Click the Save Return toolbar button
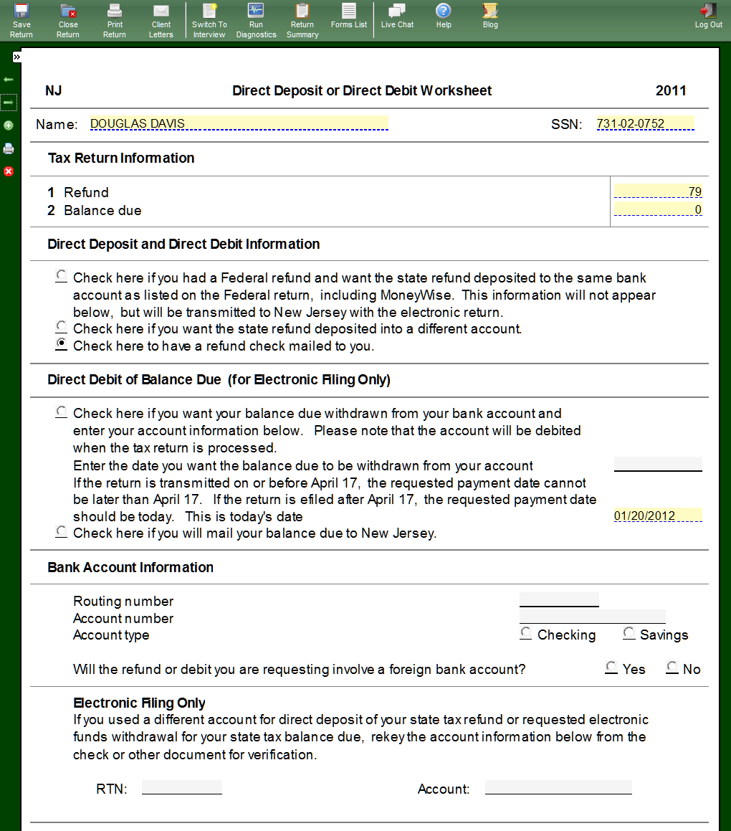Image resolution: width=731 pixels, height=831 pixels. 21,19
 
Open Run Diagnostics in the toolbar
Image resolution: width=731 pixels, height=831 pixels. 256,19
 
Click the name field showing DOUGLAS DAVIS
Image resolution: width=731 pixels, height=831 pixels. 239,123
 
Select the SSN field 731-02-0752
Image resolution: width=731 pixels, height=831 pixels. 645,123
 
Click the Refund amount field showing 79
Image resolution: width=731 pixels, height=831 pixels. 658,191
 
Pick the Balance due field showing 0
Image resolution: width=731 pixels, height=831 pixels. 658,210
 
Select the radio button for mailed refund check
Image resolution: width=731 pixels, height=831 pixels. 62,344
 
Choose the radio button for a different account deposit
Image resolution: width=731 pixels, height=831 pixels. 62,327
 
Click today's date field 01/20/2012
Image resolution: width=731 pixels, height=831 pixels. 658,516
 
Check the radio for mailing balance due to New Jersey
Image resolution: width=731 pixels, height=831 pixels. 62,532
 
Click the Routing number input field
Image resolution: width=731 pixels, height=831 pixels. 559,600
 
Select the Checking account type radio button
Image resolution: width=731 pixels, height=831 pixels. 526,633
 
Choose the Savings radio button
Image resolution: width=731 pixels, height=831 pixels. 629,633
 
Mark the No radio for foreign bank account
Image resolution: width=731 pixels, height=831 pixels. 672,668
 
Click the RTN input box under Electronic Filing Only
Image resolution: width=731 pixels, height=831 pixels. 182,788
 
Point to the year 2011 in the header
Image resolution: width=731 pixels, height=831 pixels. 671,91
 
